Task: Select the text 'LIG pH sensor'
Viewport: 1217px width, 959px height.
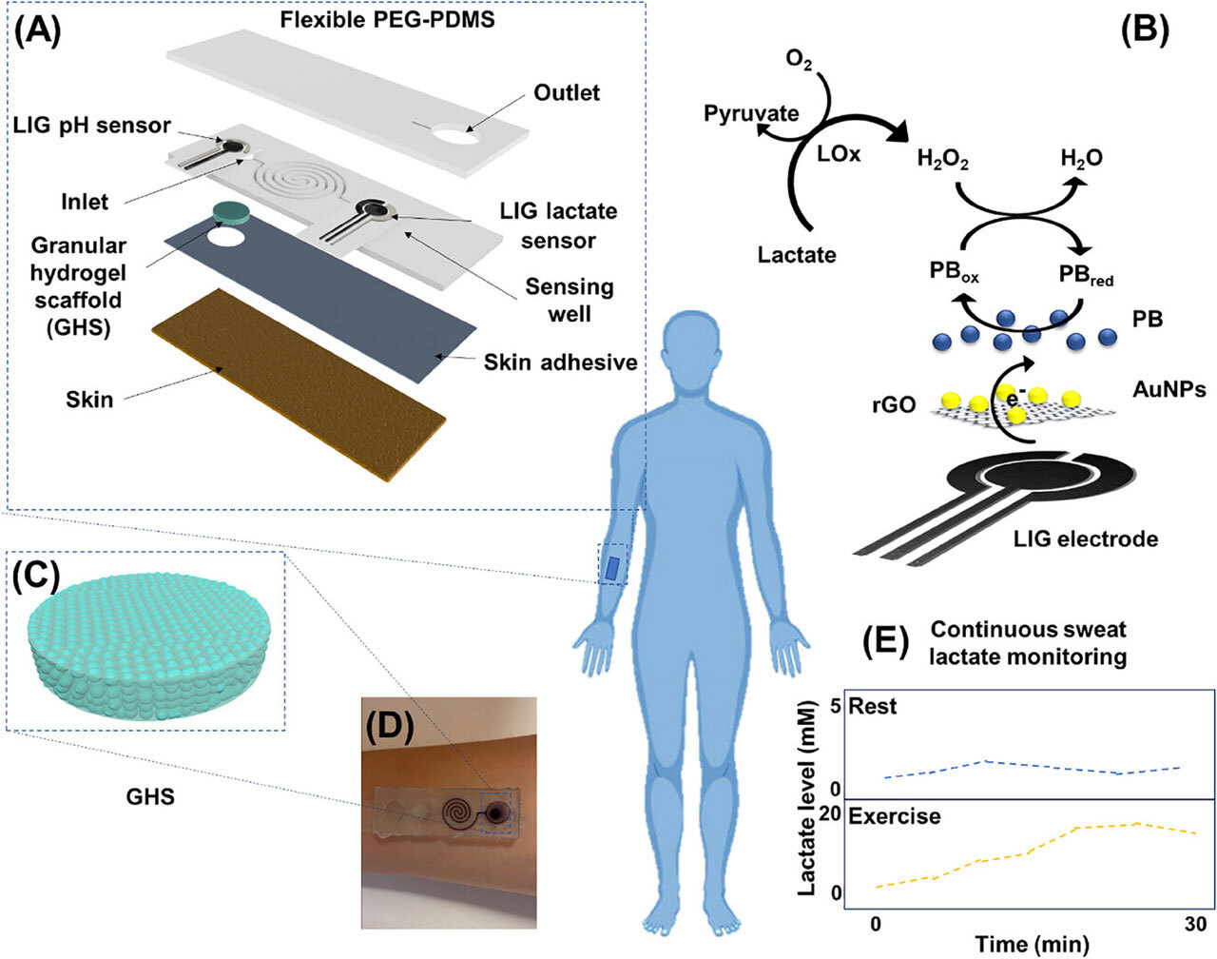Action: pos(92,125)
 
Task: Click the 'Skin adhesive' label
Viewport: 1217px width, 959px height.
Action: pos(560,362)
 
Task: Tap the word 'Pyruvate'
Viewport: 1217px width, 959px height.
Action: pos(751,114)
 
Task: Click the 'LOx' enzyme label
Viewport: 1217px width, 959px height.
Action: pos(839,152)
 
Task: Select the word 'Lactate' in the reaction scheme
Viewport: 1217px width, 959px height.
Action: pos(797,254)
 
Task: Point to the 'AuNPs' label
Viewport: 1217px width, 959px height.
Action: pos(1169,389)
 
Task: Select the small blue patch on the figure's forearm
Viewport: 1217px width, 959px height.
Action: pos(614,568)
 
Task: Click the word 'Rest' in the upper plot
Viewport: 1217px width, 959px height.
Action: pos(873,707)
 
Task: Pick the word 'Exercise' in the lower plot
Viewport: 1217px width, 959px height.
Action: pos(894,816)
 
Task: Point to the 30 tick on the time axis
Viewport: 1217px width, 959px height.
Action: pos(1195,924)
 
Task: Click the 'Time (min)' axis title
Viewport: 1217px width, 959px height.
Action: pos(1032,944)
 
